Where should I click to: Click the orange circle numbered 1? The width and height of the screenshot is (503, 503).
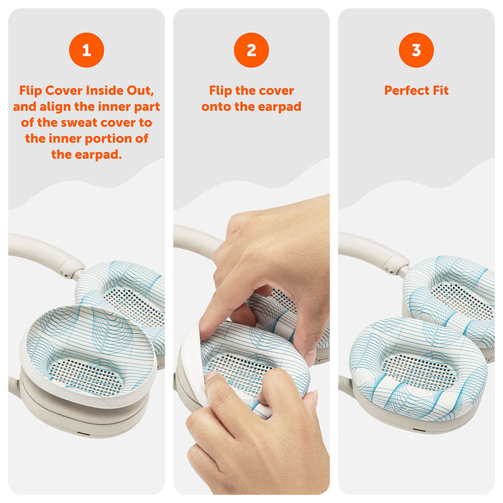(x=86, y=50)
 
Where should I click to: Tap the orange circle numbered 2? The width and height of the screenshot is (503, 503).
(x=251, y=50)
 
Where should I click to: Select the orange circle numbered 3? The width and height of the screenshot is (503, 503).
(x=416, y=50)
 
